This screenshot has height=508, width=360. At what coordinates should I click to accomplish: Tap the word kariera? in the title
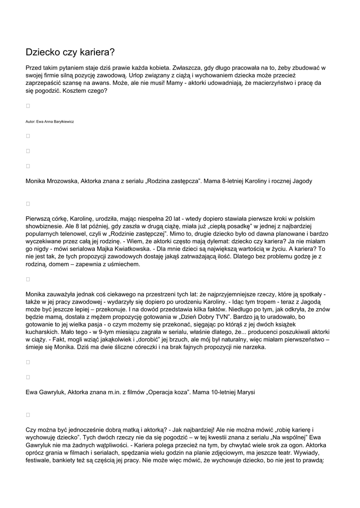(x=97, y=52)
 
